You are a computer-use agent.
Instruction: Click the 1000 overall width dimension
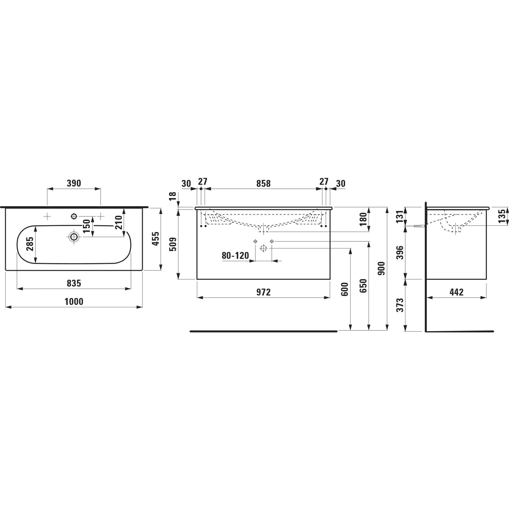(74, 302)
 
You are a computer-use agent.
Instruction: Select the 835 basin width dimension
(74, 283)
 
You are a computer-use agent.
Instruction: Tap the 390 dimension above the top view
(74, 183)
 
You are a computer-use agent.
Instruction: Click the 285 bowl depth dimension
(30, 244)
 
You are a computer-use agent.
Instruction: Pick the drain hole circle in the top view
(74, 236)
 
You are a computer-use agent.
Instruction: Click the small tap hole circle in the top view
(74, 217)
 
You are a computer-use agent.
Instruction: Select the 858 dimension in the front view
(263, 183)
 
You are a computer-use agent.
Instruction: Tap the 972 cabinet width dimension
(263, 292)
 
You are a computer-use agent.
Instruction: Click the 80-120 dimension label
(235, 256)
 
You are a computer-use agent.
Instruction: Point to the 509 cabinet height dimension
(173, 244)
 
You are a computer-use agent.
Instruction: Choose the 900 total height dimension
(381, 268)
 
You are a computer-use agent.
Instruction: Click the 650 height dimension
(363, 286)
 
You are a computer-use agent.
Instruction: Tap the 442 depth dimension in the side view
(457, 292)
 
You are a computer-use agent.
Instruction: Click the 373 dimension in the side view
(400, 305)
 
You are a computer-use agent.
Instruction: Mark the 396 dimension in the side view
(400, 253)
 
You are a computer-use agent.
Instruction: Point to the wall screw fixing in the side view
(418, 226)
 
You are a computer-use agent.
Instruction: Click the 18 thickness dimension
(173, 196)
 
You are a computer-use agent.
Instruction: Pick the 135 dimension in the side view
(502, 216)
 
